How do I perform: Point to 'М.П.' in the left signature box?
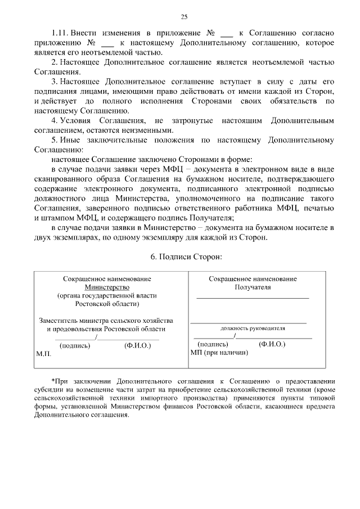coord(43,355)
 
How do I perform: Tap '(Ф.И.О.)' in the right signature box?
coord(272,344)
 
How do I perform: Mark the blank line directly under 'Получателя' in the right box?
coord(253,298)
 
